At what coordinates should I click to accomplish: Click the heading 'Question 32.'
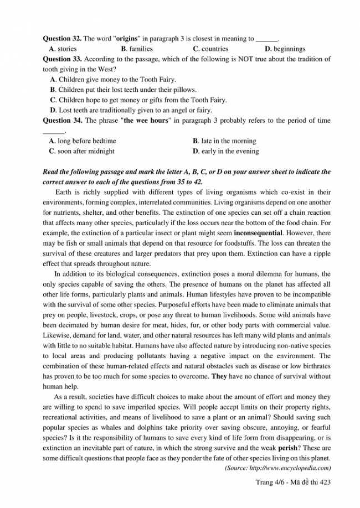coord(62,39)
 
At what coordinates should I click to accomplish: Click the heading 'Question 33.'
coord(62,59)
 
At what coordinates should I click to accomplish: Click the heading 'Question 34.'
coord(62,120)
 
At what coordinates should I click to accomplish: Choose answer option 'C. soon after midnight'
coord(81,151)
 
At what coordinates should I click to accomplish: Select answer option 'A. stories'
coord(63,49)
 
